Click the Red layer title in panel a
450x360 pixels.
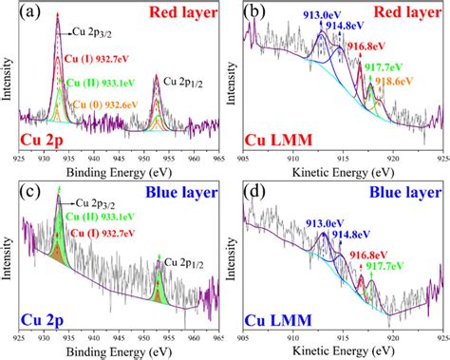pos(180,14)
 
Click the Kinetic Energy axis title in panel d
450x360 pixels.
pos(346,353)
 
